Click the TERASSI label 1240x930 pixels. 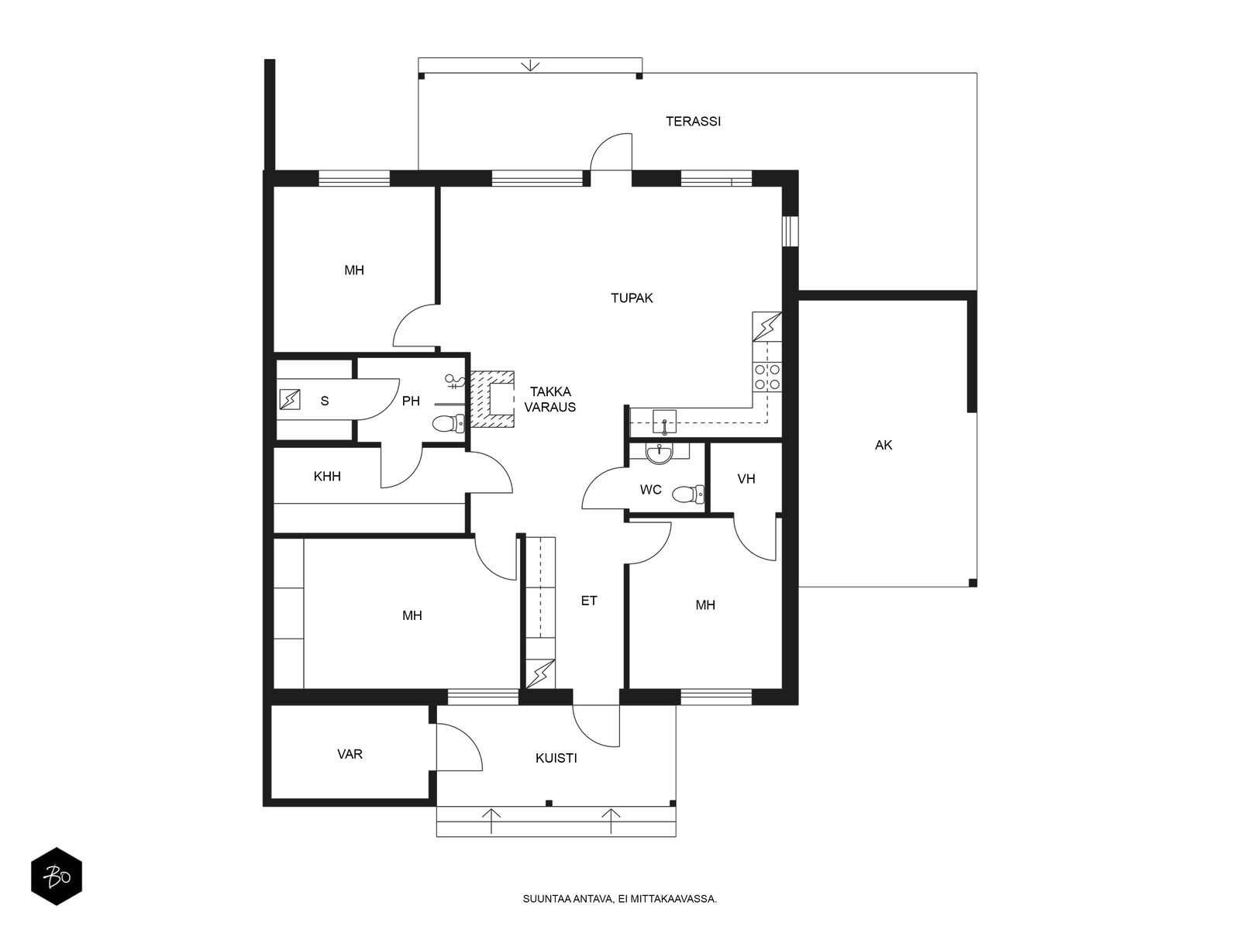[693, 122]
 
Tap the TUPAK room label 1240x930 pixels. [632, 298]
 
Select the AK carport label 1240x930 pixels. [883, 445]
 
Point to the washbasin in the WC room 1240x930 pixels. [660, 453]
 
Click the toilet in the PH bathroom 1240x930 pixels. [448, 423]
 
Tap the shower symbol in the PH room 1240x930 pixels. [454, 382]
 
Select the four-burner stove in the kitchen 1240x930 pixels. [767, 377]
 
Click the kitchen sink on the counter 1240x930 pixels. [664, 422]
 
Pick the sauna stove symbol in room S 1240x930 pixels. [290, 400]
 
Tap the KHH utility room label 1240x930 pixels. [327, 477]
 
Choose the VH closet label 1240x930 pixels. [746, 479]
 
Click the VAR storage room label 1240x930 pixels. [349, 754]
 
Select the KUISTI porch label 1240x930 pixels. [556, 759]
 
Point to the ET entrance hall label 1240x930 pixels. [589, 600]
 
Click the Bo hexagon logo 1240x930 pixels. [57, 877]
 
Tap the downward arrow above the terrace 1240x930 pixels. [530, 65]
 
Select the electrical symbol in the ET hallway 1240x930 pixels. [541, 673]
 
